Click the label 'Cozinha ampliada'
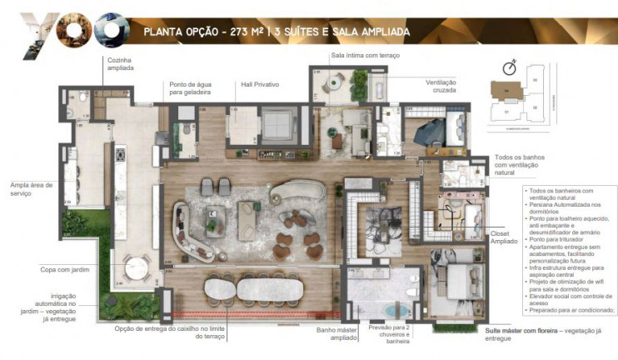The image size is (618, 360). pos(121,65)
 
